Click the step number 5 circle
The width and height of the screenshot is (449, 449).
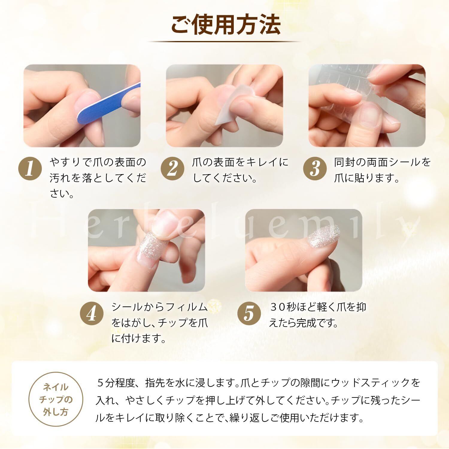pos(249,313)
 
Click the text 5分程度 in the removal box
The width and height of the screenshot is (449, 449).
pos(117,383)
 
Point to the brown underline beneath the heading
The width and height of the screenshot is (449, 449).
pos(224,42)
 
